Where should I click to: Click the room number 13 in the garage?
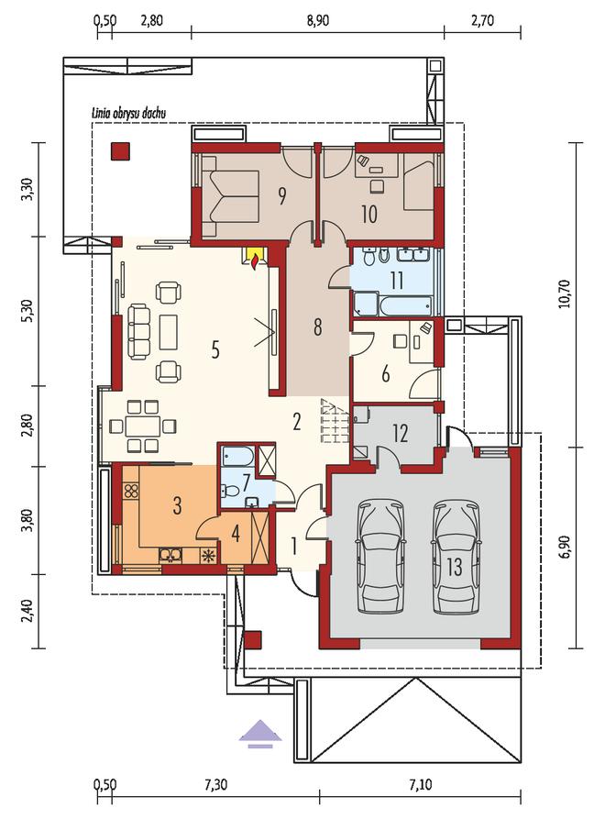[x=455, y=566]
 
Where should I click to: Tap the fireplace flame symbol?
[x=254, y=260]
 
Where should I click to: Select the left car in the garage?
[x=381, y=557]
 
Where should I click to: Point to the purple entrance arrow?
[x=260, y=734]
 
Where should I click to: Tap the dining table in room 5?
[x=142, y=426]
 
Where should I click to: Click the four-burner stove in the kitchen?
[x=131, y=491]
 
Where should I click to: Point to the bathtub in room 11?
[x=406, y=305]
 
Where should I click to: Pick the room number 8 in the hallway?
[x=317, y=327]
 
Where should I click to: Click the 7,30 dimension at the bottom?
[x=215, y=784]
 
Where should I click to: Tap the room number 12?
[x=400, y=434]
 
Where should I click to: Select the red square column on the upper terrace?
[x=120, y=151]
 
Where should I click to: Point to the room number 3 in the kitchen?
[x=177, y=505]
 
